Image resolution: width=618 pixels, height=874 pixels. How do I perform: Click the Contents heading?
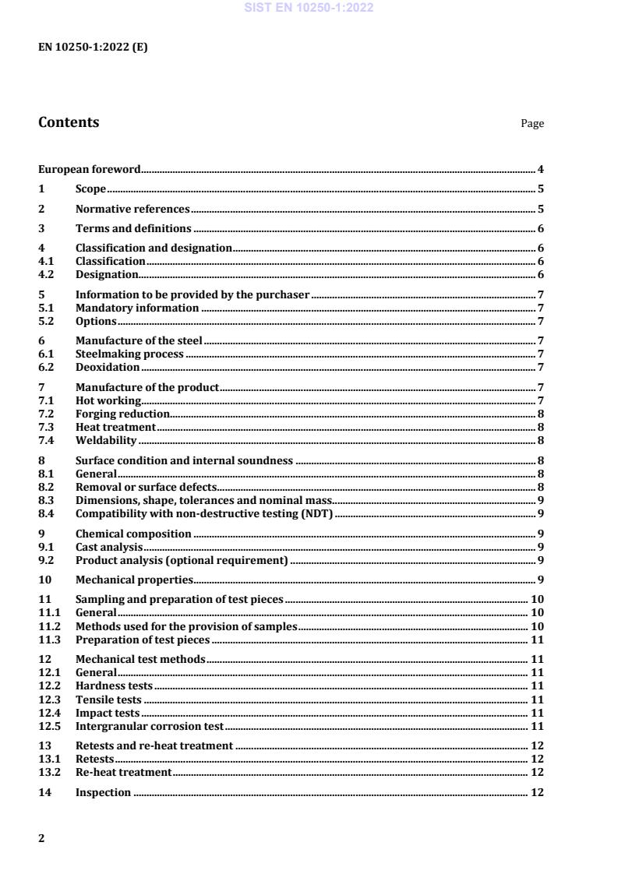pyautogui.click(x=69, y=122)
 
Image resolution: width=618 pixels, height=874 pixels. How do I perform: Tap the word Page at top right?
pyautogui.click(x=532, y=124)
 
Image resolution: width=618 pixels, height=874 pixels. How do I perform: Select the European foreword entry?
pyautogui.click(x=90, y=169)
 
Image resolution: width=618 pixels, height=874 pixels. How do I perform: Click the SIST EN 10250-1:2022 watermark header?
pyautogui.click(x=309, y=8)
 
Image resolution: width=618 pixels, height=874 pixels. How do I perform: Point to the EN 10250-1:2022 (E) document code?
pyautogui.click(x=93, y=47)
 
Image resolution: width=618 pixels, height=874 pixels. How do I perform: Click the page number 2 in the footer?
pyautogui.click(x=42, y=838)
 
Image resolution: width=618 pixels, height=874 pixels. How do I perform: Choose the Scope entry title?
pyautogui.click(x=90, y=189)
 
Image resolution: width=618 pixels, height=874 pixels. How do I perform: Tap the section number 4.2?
pyautogui.click(x=46, y=274)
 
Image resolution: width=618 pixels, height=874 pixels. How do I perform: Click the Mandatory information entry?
pyautogui.click(x=137, y=308)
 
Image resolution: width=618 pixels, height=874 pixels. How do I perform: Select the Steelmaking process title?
pyautogui.click(x=129, y=354)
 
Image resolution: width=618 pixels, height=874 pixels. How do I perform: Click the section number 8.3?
pyautogui.click(x=46, y=500)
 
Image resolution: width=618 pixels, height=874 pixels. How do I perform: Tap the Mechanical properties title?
pyautogui.click(x=134, y=579)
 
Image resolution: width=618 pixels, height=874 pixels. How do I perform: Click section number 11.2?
pyautogui.click(x=49, y=626)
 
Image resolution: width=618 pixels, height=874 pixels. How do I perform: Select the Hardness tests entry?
pyautogui.click(x=114, y=685)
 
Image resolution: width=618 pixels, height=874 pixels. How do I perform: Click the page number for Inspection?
pyautogui.click(x=537, y=792)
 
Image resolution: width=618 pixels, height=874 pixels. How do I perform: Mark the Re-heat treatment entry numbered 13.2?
pyautogui.click(x=123, y=772)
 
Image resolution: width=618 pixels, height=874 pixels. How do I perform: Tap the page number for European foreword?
pyautogui.click(x=540, y=169)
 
